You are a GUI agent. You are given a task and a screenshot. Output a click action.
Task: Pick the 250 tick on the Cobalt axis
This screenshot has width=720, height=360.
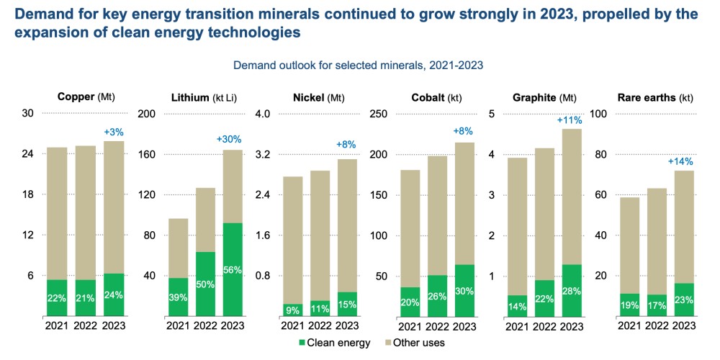[x=379, y=114]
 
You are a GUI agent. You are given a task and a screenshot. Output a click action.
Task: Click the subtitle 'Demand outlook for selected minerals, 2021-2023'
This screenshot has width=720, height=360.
[x=358, y=65]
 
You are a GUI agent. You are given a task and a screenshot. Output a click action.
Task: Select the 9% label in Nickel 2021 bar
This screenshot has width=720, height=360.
[x=292, y=311]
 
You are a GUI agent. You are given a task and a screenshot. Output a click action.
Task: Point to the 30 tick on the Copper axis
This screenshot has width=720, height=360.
[x=28, y=114]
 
